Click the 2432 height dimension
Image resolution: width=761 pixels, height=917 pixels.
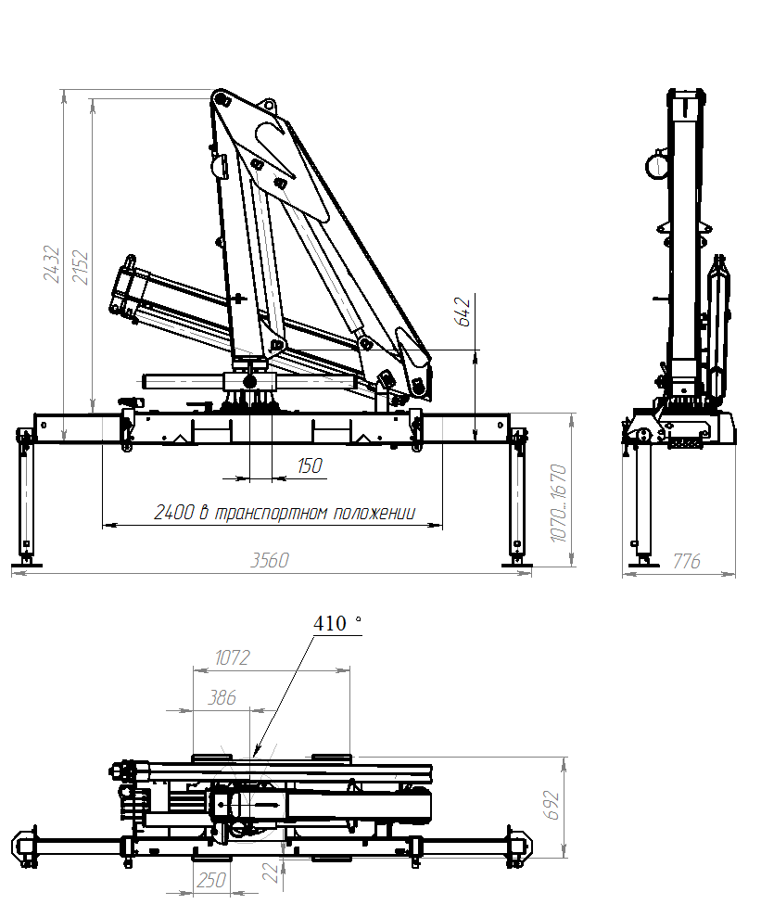(x=53, y=263)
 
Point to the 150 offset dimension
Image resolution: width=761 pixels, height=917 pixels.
(x=310, y=465)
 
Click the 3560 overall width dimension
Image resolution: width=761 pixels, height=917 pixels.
(x=270, y=560)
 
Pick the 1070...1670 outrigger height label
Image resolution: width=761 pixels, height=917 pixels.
(x=559, y=503)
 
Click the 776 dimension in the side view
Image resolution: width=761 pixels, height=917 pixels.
(x=686, y=562)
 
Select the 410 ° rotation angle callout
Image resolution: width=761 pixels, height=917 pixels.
(x=337, y=623)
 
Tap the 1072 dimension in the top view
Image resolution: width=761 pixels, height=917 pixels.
(x=232, y=658)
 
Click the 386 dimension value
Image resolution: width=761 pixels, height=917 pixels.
(x=222, y=697)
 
